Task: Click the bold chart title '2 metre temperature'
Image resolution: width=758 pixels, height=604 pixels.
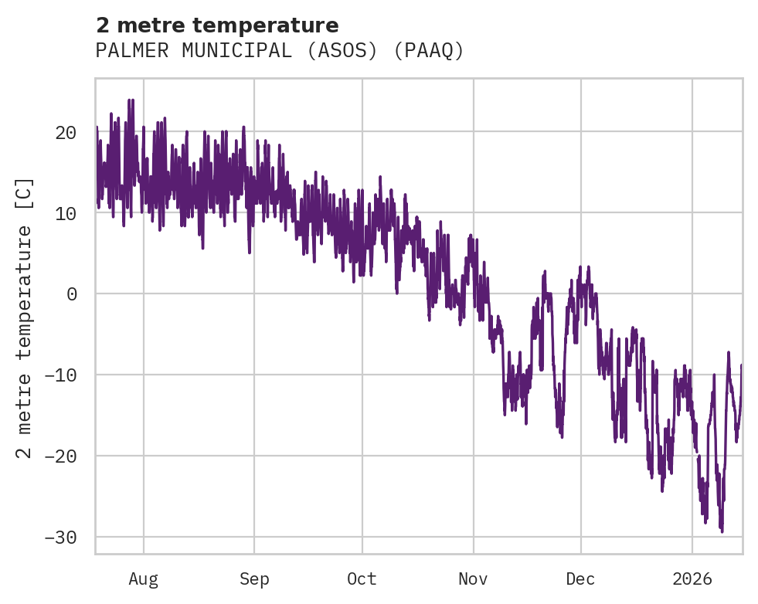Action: [x=217, y=25]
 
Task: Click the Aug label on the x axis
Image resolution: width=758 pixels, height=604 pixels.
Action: [x=143, y=579]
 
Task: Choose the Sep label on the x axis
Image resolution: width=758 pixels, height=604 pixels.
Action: [x=254, y=579]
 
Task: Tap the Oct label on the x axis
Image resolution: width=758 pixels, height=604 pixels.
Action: [x=362, y=579]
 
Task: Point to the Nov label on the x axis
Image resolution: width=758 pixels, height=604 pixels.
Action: [x=473, y=579]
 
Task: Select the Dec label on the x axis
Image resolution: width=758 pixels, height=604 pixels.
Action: [x=580, y=579]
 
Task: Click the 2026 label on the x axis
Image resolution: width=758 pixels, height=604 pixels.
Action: [x=692, y=579]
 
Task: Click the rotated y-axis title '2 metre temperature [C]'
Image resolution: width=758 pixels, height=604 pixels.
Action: [x=25, y=317]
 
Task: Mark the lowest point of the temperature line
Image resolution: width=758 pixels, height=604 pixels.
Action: [x=722, y=531]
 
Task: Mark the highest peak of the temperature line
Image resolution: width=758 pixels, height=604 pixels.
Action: [x=131, y=100]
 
